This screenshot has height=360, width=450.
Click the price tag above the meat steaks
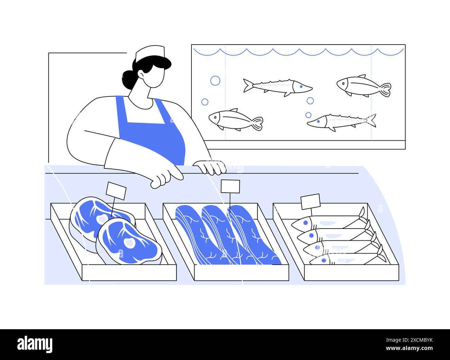[x=116, y=191]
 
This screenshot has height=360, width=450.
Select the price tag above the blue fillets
[x=230, y=186]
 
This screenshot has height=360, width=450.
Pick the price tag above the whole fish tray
[x=310, y=201]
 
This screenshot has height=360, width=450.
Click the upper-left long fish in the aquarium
[x=277, y=86]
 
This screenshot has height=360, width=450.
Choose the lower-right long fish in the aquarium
[x=341, y=121]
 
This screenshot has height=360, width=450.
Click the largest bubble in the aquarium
[x=215, y=81]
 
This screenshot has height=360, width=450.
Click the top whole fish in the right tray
[x=327, y=222]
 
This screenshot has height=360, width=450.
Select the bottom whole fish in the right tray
[x=346, y=259]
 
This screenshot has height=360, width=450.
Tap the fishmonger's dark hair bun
[x=127, y=80]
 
